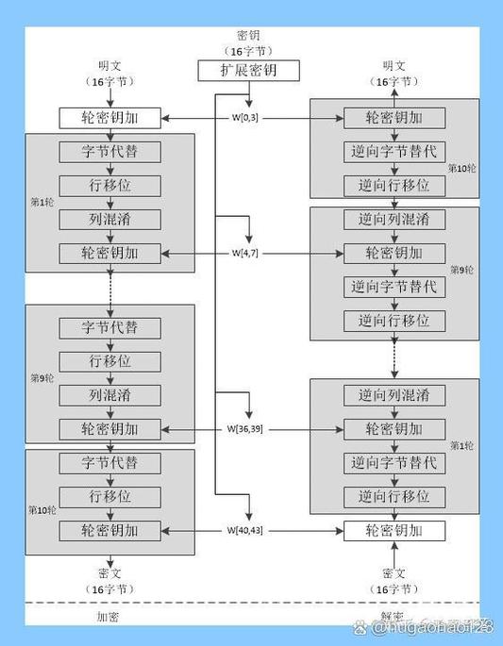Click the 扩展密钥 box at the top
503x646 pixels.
pos(249,71)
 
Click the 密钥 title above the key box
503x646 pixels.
pos(249,32)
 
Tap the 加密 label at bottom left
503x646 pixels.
pos(109,617)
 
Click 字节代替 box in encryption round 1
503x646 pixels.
pos(109,151)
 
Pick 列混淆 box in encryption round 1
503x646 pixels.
pos(109,220)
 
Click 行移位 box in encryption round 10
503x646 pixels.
pos(109,497)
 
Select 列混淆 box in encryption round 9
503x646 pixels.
pos(109,395)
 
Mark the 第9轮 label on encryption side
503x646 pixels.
pos(42,379)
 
